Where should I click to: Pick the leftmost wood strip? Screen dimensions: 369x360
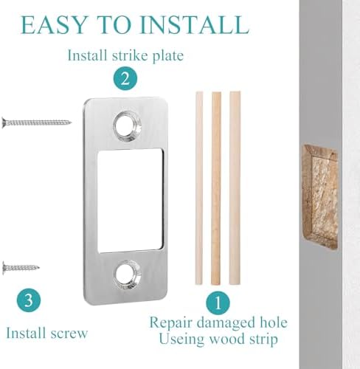(198, 188)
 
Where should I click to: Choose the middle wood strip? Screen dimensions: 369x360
(216, 188)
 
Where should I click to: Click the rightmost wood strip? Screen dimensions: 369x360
(235, 188)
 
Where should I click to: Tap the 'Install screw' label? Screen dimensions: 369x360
(46, 333)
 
